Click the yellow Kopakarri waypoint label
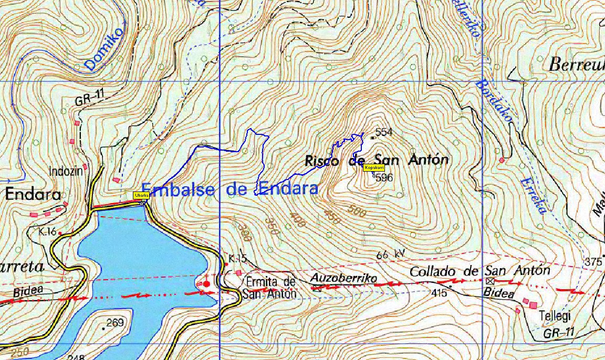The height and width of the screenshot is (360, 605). (374, 167)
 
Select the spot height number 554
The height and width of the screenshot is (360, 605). (384, 132)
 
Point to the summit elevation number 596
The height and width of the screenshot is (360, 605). (384, 178)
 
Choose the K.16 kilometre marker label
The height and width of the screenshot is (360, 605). (47, 231)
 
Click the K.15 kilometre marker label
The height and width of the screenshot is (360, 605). (237, 258)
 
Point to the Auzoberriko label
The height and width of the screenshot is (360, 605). (343, 278)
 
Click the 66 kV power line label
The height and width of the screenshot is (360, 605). (391, 255)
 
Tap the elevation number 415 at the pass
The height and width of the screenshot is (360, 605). (439, 293)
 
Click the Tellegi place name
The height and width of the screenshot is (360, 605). (554, 316)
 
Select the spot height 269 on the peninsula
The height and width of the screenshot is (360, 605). (114, 323)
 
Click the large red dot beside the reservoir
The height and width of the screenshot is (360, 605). (207, 284)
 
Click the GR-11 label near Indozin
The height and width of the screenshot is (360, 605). (87, 98)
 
